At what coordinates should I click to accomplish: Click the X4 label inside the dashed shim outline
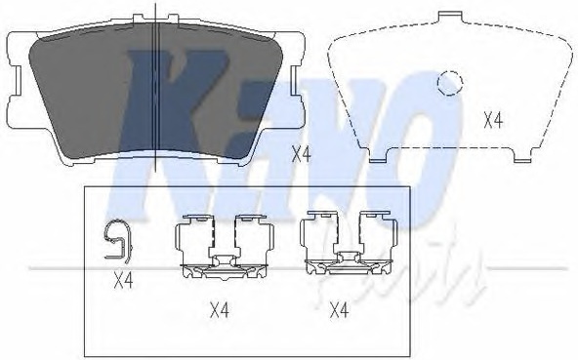493,121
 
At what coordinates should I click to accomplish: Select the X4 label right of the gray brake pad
301,152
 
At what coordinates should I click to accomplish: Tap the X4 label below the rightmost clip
338,310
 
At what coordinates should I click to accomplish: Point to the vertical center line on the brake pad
158,88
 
